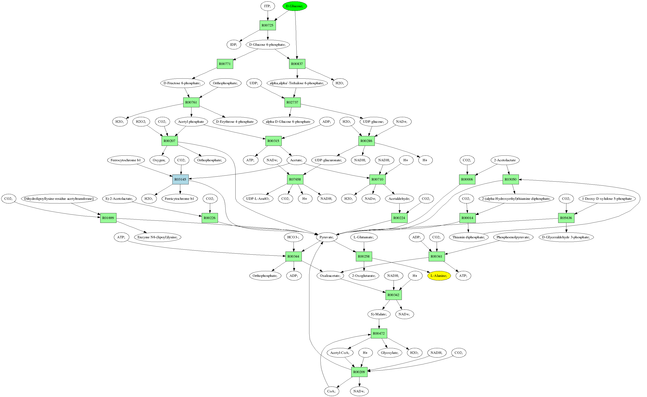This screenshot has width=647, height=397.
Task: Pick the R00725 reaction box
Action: click(x=268, y=25)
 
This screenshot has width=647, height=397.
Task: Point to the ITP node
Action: click(x=268, y=6)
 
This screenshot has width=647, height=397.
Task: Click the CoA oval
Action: click(x=331, y=391)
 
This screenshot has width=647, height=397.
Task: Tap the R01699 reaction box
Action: click(x=108, y=218)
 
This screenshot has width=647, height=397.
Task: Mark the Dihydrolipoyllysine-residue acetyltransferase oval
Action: click(x=59, y=199)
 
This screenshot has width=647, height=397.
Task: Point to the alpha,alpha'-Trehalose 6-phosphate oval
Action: click(x=297, y=83)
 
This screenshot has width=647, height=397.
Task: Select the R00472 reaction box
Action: click(x=379, y=333)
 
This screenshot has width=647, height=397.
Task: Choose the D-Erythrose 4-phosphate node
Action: click(x=235, y=122)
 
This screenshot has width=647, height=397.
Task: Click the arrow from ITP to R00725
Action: click(x=268, y=15)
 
